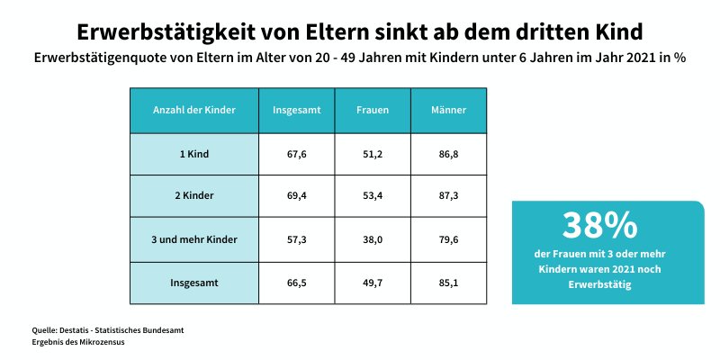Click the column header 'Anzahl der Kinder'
click(194, 110)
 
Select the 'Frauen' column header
click(373, 110)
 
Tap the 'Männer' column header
click(449, 110)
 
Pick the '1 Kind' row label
click(194, 154)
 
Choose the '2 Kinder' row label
click(194, 196)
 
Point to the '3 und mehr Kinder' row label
click(194, 239)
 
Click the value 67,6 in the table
click(297, 154)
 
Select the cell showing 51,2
click(373, 154)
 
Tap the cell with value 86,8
click(449, 154)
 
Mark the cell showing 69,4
click(297, 196)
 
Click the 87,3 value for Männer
click(449, 196)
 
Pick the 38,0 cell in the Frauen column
click(373, 239)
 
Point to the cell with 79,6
click(449, 239)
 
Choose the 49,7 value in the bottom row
click(373, 283)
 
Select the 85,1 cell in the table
click(449, 283)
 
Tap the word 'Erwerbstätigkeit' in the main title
click(171, 31)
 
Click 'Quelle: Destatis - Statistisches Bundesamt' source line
click(108, 330)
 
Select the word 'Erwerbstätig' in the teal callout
click(600, 285)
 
